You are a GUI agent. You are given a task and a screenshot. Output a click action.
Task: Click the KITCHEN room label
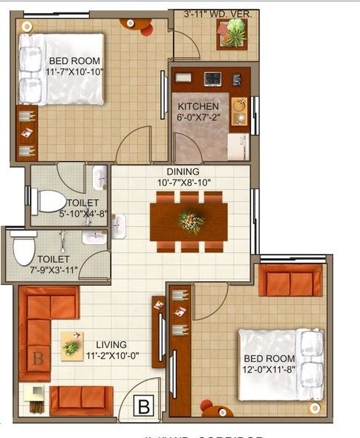197,105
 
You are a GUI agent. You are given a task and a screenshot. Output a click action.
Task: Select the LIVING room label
105,344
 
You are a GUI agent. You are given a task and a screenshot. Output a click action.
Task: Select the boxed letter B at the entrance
144,405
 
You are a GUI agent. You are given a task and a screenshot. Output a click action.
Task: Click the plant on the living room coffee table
72,346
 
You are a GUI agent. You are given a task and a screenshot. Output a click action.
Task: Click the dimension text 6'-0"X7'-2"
197,117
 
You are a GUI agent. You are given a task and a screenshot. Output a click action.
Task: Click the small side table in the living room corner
34,400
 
